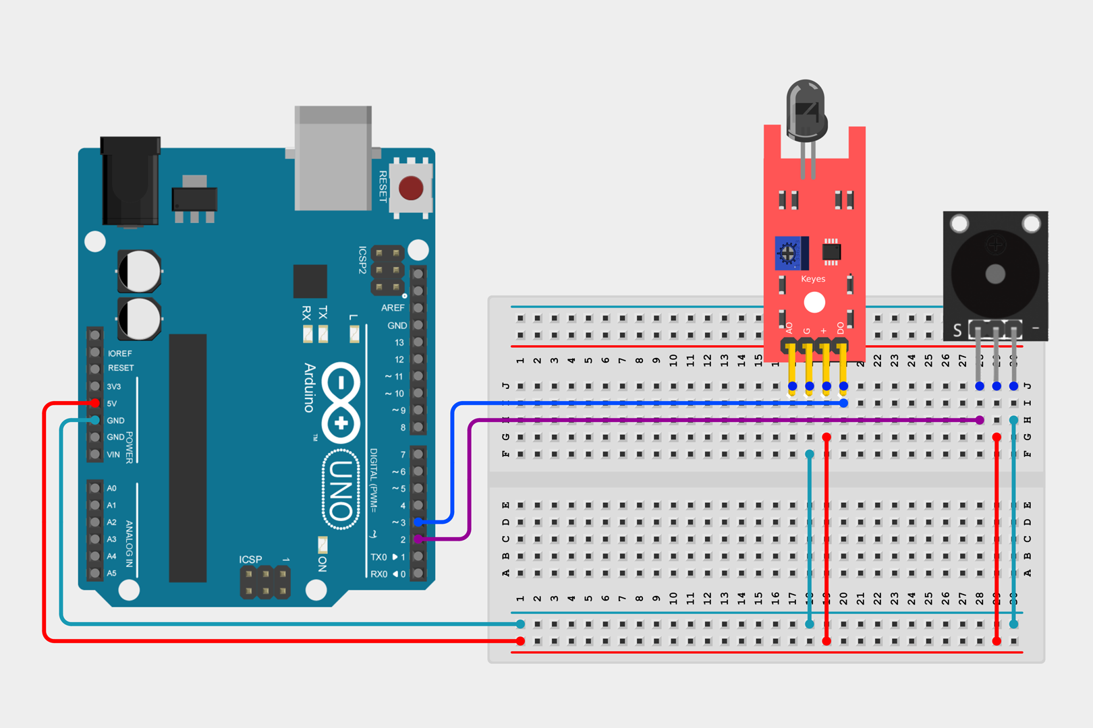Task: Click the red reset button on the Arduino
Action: point(411,188)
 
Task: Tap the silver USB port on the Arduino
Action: point(333,158)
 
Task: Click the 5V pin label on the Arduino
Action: point(112,404)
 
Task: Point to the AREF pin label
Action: point(393,308)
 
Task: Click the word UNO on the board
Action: point(341,490)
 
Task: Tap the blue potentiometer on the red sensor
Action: point(787,253)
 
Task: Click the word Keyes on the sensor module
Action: point(813,279)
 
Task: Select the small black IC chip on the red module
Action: point(831,251)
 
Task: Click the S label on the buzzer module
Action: point(957,330)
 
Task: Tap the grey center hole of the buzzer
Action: point(995,274)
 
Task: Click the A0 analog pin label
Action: point(112,488)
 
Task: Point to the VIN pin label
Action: point(113,454)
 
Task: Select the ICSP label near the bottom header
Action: point(250,559)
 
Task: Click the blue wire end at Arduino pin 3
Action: point(419,522)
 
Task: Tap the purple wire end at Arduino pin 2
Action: point(419,539)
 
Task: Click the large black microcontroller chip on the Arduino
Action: point(188,458)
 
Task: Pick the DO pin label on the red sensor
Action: point(841,328)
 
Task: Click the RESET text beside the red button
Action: point(383,186)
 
